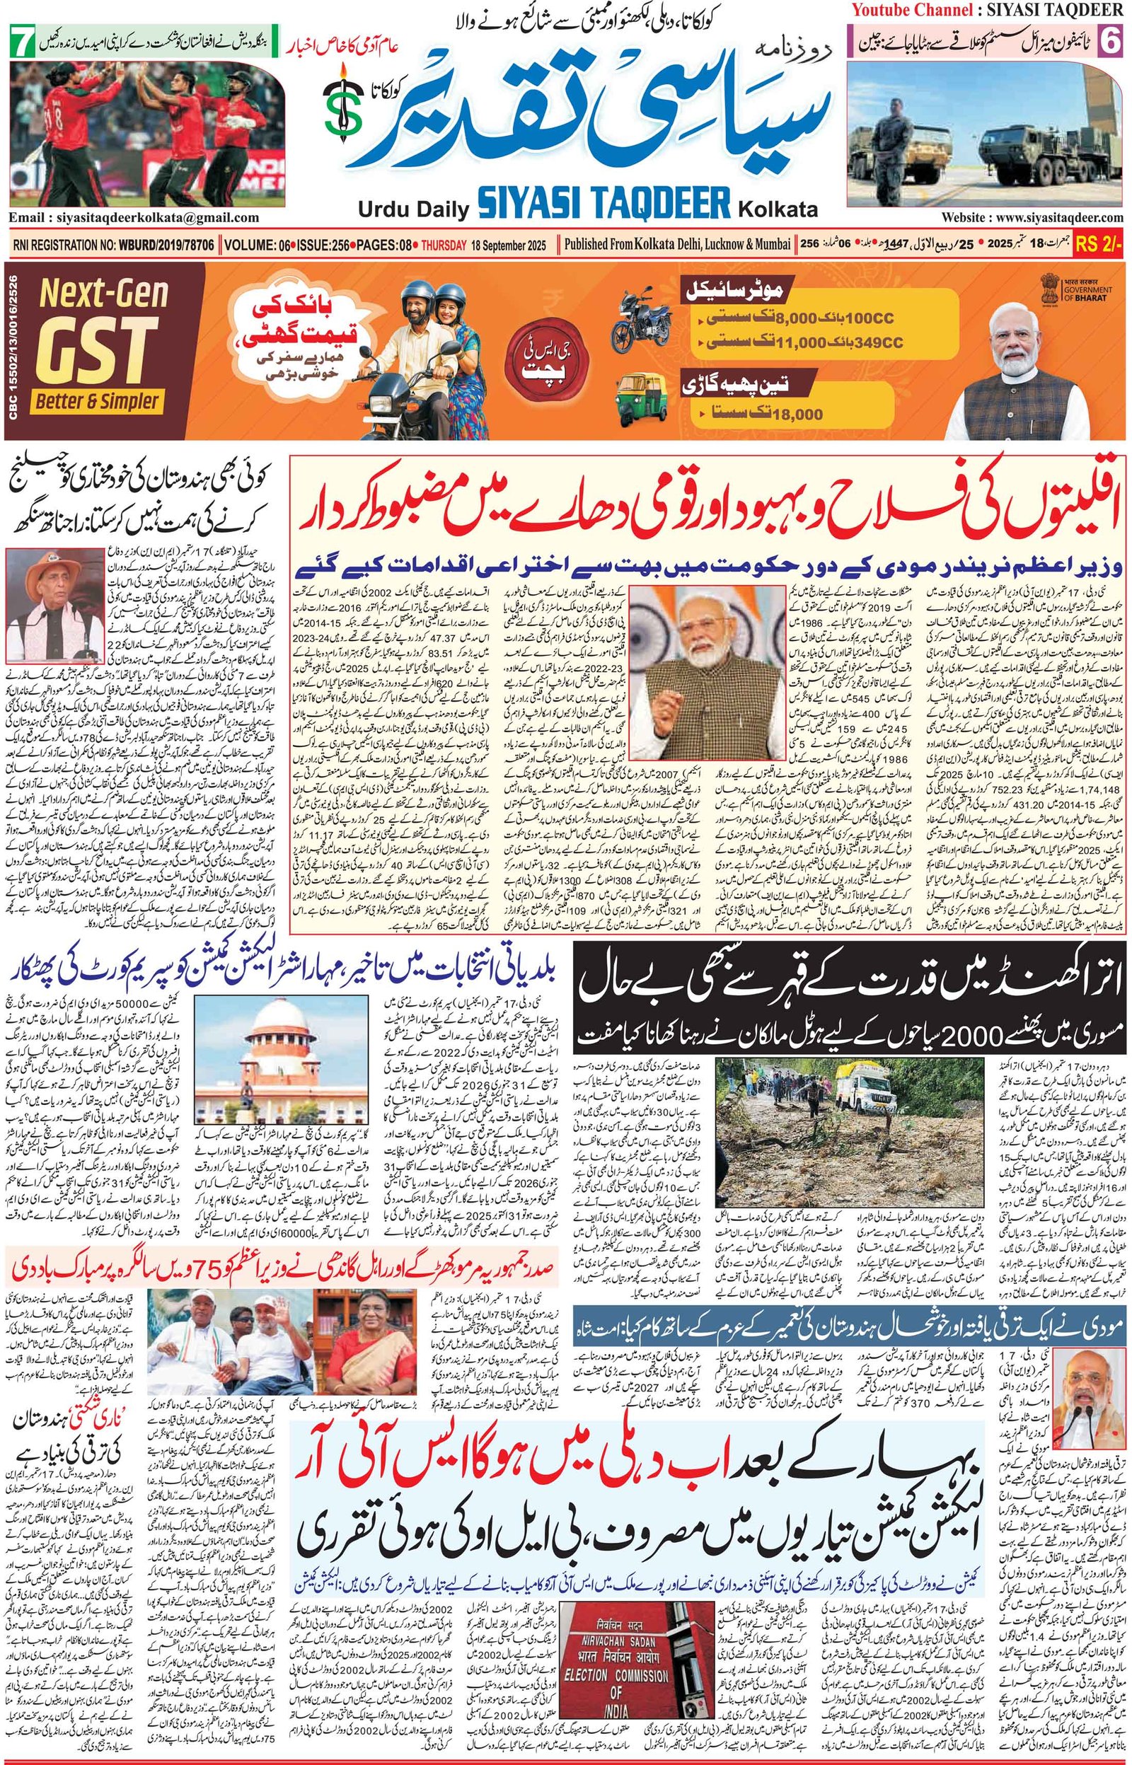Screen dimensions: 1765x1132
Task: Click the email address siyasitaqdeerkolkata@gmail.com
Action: (x=134, y=217)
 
